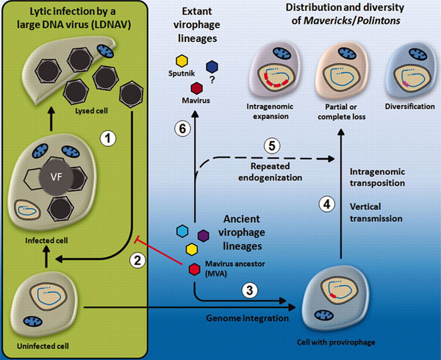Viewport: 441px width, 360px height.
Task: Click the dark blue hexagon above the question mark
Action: (x=212, y=65)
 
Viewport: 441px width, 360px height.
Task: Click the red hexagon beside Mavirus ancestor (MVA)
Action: (x=193, y=269)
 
